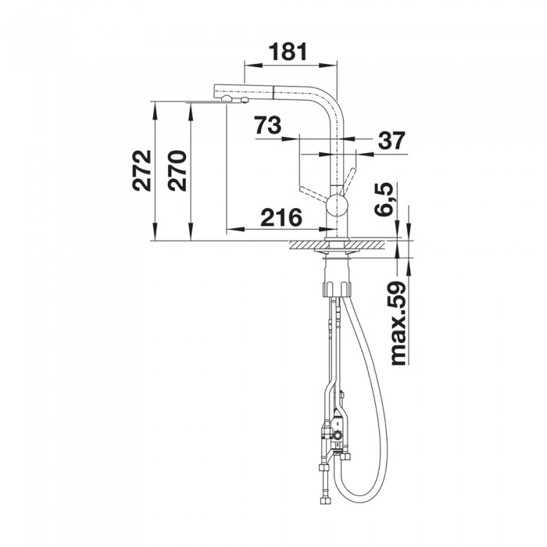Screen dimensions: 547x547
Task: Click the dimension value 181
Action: point(288,52)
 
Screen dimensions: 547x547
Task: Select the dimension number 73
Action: point(267,125)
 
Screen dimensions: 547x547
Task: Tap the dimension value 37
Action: point(391,141)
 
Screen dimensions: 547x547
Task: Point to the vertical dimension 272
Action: point(142,170)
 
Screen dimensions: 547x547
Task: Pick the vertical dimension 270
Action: point(177,170)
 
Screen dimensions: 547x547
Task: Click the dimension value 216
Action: point(281,217)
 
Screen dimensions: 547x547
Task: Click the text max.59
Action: point(399,324)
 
